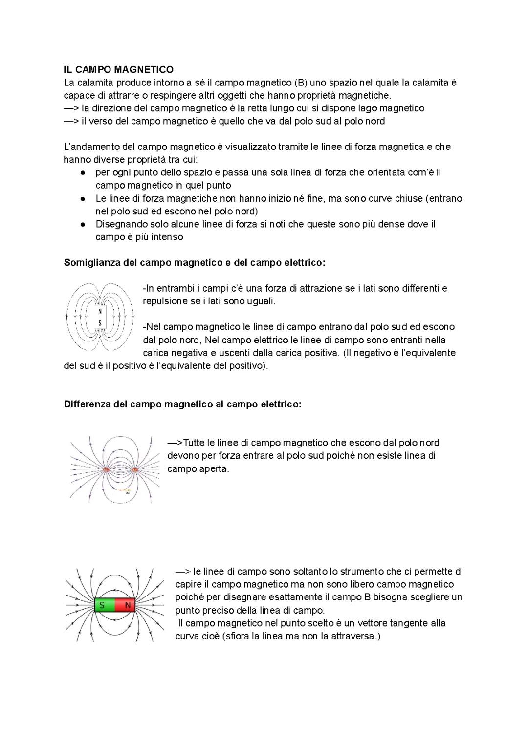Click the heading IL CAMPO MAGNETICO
118,70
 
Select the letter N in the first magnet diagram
100,311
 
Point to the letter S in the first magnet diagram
100,323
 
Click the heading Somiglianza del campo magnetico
194,263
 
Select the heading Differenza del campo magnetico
182,404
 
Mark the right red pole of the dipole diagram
134,470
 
